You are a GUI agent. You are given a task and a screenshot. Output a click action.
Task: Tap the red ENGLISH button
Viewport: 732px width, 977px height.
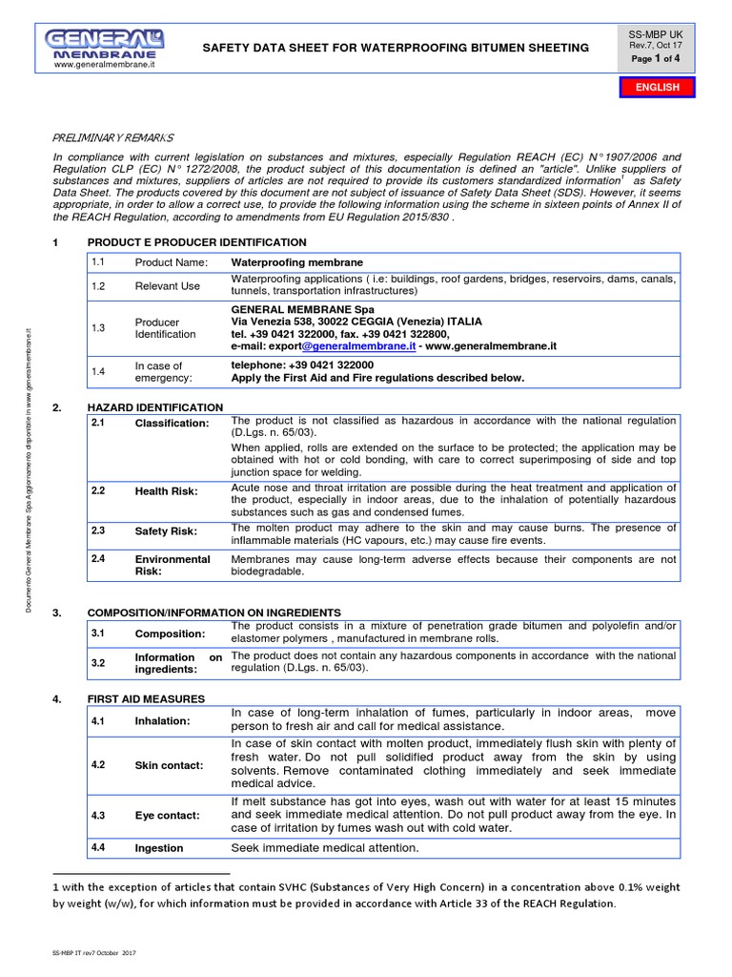coord(658,87)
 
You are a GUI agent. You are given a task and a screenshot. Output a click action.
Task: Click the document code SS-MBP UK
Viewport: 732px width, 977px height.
coord(657,32)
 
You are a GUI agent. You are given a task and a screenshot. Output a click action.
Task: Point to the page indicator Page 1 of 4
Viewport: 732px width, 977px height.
coord(657,59)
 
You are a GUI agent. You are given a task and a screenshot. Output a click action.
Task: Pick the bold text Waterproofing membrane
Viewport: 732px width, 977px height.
coord(297,262)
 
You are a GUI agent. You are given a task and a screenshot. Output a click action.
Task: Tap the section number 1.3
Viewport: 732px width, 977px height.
coord(98,328)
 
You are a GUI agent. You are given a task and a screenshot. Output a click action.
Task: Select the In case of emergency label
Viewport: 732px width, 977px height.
coord(158,371)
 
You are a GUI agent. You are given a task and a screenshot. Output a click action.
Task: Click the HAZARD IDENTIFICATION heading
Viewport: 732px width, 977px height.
coord(155,407)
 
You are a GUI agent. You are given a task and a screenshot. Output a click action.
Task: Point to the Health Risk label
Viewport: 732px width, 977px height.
coord(166,491)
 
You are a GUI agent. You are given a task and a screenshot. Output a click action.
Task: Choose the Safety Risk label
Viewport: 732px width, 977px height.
coord(166,531)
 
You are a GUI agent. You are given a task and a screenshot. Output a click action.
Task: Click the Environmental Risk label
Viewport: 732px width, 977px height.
coord(173,565)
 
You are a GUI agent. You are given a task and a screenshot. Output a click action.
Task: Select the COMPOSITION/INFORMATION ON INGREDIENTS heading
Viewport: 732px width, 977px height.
coord(213,612)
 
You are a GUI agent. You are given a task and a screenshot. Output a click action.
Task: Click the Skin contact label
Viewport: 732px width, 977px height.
coord(169,765)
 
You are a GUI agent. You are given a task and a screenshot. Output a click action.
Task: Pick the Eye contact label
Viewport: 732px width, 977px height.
coord(167,816)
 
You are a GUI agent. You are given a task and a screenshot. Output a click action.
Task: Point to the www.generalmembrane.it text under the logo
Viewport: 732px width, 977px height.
coord(105,65)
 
